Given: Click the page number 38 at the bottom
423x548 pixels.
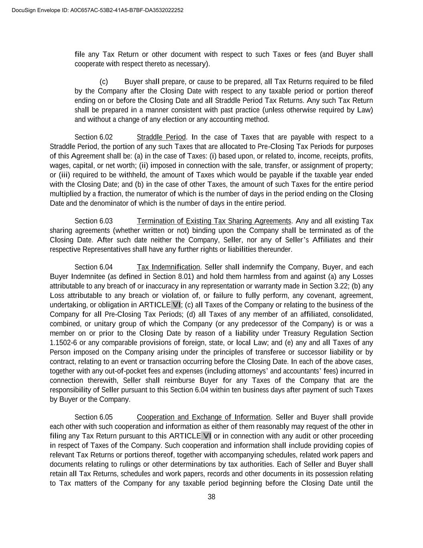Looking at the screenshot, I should click(x=211, y=497).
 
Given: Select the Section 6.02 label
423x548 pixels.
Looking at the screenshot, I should click(x=93, y=137).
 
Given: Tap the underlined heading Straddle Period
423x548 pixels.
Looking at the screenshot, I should click(x=161, y=137).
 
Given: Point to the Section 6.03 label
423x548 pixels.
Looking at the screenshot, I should click(x=93, y=221).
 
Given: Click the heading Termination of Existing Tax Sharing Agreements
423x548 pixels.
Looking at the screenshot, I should click(x=214, y=221).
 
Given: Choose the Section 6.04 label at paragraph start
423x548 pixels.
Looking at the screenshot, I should click(x=93, y=267).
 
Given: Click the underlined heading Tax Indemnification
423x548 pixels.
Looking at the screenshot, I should click(x=168, y=267).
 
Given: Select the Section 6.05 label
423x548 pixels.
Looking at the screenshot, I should click(x=93, y=418).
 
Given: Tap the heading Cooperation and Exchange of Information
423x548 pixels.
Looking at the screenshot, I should click(x=203, y=418).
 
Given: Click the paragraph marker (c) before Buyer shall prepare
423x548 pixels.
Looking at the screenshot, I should click(x=104, y=82).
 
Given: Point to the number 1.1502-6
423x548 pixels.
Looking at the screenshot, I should click(x=63, y=343).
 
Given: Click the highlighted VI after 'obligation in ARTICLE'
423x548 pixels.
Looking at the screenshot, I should click(x=176, y=305).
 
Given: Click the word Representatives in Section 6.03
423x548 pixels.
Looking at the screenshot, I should click(x=107, y=250).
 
